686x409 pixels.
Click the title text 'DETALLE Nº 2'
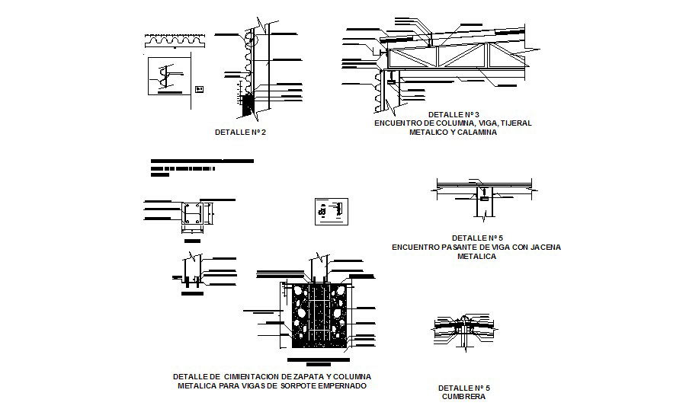241,132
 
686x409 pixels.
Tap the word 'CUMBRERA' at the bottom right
463,397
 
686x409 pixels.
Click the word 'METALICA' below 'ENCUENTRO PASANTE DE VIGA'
476,257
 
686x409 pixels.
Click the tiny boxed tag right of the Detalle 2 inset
200,89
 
